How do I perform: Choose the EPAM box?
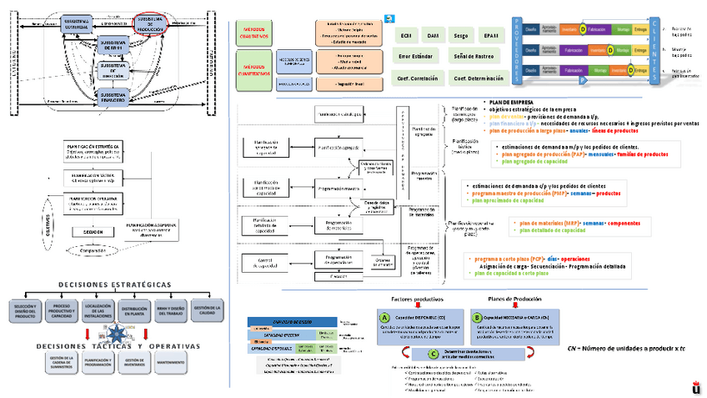pyautogui.click(x=491, y=36)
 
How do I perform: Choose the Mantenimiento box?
pyautogui.click(x=170, y=362)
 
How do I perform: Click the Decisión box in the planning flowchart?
pyautogui.click(x=93, y=231)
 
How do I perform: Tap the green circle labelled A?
pyautogui.click(x=384, y=318)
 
